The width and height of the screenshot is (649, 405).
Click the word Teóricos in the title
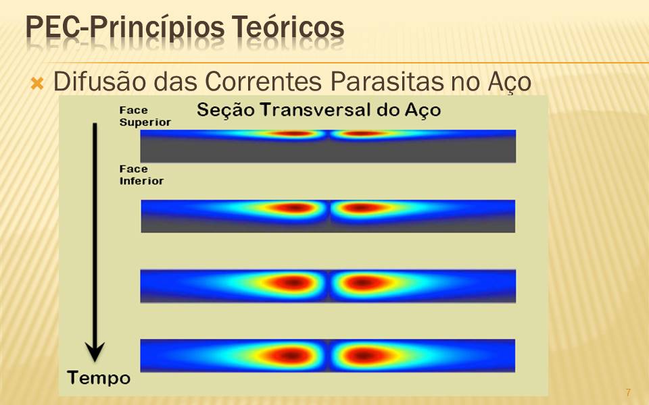point(288,28)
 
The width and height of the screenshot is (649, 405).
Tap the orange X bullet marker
point(37,84)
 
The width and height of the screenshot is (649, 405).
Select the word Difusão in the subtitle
point(99,81)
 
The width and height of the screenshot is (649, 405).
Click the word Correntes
point(263,81)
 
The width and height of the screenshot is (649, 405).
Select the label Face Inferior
point(141,175)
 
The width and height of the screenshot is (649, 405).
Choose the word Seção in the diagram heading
point(225,111)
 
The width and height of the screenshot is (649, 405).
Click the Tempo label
point(99,378)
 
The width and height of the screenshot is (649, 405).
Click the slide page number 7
point(628,392)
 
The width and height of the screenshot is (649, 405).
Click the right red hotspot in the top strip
point(363,134)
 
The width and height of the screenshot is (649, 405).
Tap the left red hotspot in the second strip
point(293,207)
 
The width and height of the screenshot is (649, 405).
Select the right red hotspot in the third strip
point(364,283)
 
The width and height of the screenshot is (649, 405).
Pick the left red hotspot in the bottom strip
point(291,355)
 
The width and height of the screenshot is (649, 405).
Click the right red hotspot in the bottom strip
point(364,355)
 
